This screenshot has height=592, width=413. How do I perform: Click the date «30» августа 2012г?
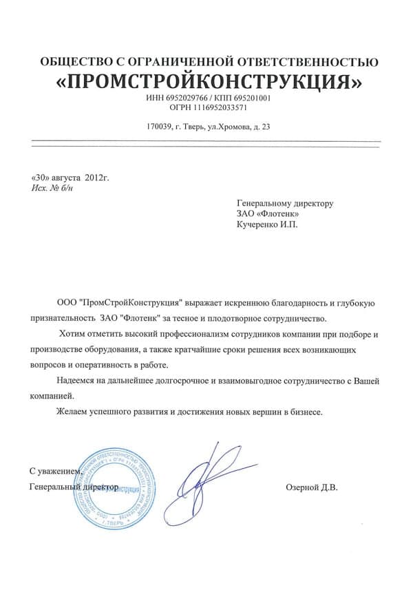[x=71, y=178]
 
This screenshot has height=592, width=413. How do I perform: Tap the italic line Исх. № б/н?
[x=53, y=188]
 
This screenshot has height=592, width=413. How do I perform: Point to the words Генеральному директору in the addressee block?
[x=285, y=204]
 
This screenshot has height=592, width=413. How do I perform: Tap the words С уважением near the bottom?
[x=56, y=472]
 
